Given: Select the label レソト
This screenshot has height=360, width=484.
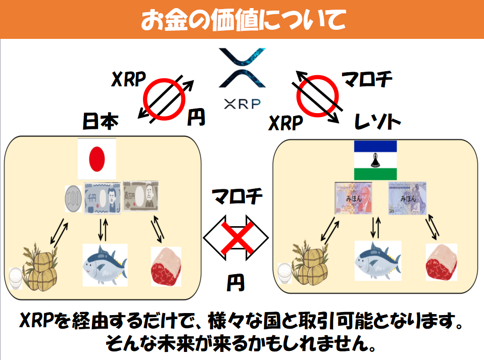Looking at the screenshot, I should point(377,122).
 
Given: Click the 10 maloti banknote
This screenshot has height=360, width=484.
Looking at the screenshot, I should point(354,198).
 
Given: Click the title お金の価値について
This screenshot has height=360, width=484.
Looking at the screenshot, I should point(242,20).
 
